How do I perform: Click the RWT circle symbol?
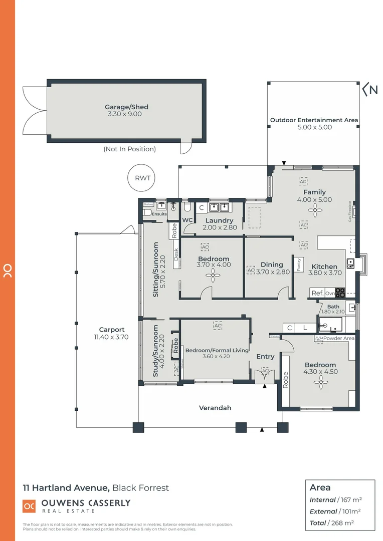pyautogui.click(x=142, y=178)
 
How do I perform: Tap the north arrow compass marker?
pyautogui.click(x=370, y=90)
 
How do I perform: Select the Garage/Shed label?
pyautogui.click(x=126, y=107)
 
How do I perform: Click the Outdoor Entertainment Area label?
pyautogui.click(x=314, y=120)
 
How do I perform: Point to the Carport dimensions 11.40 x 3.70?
pyautogui.click(x=111, y=337)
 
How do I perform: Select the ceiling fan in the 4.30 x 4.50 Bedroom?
pyautogui.click(x=320, y=383)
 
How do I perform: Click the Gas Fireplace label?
pyautogui.click(x=350, y=211)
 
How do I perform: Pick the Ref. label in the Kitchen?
pyautogui.click(x=317, y=293)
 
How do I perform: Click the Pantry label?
pyautogui.click(x=299, y=264)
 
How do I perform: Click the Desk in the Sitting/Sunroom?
pyautogui.click(x=176, y=254)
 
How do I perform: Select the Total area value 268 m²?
pyautogui.click(x=346, y=523)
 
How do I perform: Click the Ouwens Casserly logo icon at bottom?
pyautogui.click(x=29, y=506)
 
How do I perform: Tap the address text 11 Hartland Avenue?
pyautogui.click(x=66, y=487)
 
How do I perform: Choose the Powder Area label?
pyautogui.click(x=338, y=339)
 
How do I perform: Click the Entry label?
pyautogui.click(x=265, y=357)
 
